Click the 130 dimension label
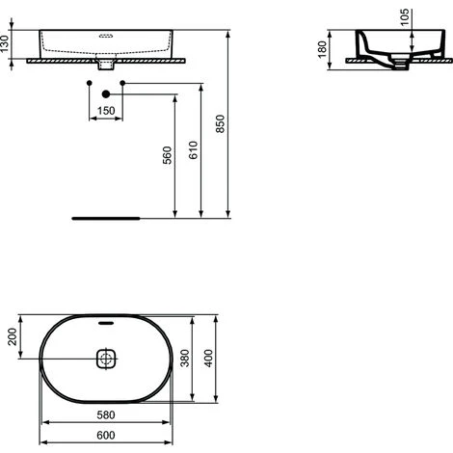(x=5, y=44)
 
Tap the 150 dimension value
(x=106, y=111)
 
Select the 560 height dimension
(x=168, y=155)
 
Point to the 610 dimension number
(x=194, y=150)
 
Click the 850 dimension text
(x=221, y=123)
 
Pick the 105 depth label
(x=405, y=17)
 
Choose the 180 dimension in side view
(x=322, y=49)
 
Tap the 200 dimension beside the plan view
(x=13, y=336)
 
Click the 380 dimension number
(x=185, y=359)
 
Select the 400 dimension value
(x=208, y=359)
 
